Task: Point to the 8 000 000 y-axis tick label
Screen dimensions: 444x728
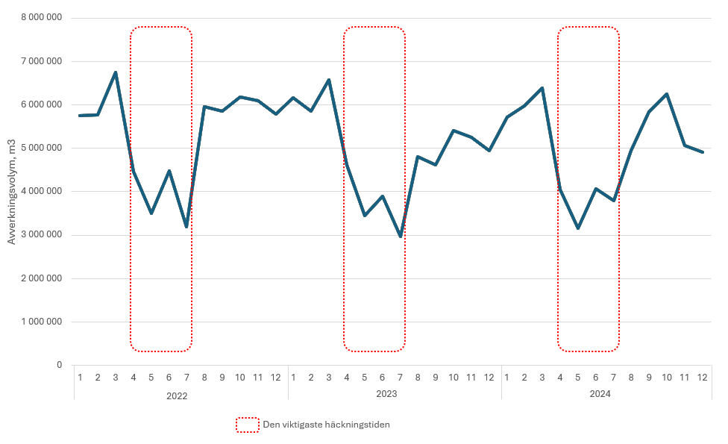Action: click(42, 18)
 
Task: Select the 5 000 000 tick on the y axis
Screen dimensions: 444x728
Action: click(42, 148)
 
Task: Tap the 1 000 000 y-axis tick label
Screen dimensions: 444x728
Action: click(42, 322)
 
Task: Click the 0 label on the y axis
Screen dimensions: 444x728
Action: click(59, 365)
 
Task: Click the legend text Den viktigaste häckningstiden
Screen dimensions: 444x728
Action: click(326, 425)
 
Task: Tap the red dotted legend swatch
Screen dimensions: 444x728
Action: click(247, 425)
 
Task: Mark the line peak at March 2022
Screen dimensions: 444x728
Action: click(116, 72)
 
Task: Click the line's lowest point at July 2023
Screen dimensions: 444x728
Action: click(401, 237)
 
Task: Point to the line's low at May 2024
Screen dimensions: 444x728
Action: click(578, 228)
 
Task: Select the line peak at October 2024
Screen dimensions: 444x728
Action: click(667, 94)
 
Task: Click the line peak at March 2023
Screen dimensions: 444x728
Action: click(329, 80)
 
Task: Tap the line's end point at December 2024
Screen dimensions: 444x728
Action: click(703, 152)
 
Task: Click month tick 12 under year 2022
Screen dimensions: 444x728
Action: click(276, 377)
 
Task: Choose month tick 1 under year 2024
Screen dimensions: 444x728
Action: click(507, 377)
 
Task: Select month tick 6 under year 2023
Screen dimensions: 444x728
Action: click(383, 377)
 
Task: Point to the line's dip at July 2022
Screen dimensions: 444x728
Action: click(186, 227)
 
